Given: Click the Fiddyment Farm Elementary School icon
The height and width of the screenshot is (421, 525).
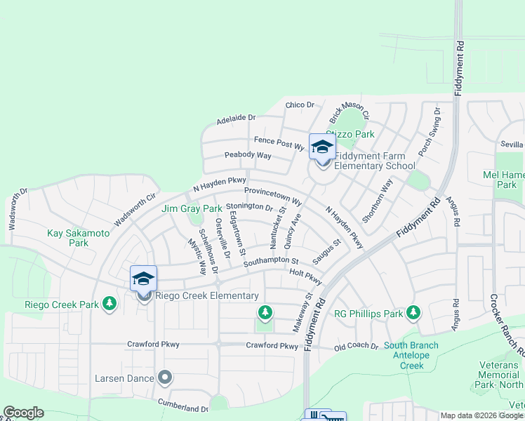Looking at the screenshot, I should pyautogui.click(x=322, y=147).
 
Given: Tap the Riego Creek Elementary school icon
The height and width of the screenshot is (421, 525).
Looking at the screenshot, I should pyautogui.click(x=143, y=279).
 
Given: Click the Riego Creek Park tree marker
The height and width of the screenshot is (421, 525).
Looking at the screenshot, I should pyautogui.click(x=109, y=304).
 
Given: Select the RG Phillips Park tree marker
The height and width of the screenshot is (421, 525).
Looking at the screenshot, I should pyautogui.click(x=413, y=312).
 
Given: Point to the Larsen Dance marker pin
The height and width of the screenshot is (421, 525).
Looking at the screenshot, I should pyautogui.click(x=165, y=378).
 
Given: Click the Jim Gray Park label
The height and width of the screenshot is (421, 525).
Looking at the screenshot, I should pyautogui.click(x=192, y=209).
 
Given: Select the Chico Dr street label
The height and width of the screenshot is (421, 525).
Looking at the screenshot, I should pyautogui.click(x=300, y=105).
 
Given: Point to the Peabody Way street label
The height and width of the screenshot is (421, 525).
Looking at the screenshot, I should pyautogui.click(x=248, y=155).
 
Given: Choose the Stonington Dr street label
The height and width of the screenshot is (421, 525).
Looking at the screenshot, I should pyautogui.click(x=249, y=207).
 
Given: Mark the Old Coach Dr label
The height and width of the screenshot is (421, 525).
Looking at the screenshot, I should pyautogui.click(x=356, y=347).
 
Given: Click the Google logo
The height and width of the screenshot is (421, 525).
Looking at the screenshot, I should pyautogui.click(x=23, y=413).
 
